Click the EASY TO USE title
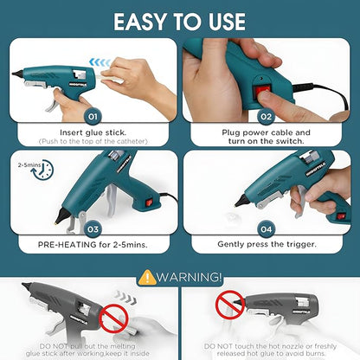(x=180, y=20)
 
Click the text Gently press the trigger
(x=269, y=246)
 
